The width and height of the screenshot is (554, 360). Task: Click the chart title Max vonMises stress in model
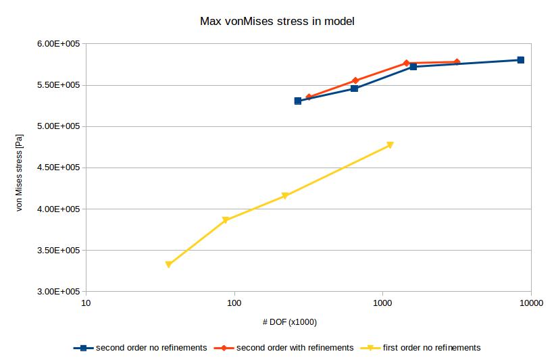click(x=277, y=22)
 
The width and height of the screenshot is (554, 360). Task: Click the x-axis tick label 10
click(x=86, y=303)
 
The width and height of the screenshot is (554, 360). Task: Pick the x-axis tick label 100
click(x=234, y=303)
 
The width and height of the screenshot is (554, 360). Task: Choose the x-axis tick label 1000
click(x=382, y=303)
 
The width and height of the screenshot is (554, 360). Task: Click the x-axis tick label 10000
click(x=530, y=303)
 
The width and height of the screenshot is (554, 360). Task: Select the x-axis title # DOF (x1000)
click(x=289, y=322)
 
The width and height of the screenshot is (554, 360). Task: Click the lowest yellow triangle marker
click(x=169, y=265)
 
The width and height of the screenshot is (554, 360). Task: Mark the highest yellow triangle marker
click(x=390, y=145)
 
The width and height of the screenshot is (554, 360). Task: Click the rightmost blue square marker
click(x=520, y=60)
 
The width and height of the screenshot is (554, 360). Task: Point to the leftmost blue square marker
click(x=297, y=101)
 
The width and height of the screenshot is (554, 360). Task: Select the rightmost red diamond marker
click(x=457, y=62)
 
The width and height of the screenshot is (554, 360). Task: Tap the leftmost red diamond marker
click(x=309, y=97)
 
